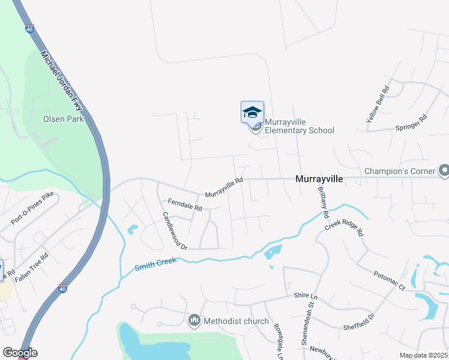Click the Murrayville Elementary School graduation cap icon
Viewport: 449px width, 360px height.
click(252, 112)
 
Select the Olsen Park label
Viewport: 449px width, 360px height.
click(62, 119)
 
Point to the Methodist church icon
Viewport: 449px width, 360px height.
click(194, 321)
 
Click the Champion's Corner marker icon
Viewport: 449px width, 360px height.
click(444, 172)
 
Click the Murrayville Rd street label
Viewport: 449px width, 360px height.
click(224, 188)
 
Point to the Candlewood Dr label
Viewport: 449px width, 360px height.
click(175, 230)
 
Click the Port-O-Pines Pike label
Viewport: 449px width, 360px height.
click(32, 208)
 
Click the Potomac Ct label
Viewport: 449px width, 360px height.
click(390, 280)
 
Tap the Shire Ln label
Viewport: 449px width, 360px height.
click(306, 296)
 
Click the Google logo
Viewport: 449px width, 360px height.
click(20, 353)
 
